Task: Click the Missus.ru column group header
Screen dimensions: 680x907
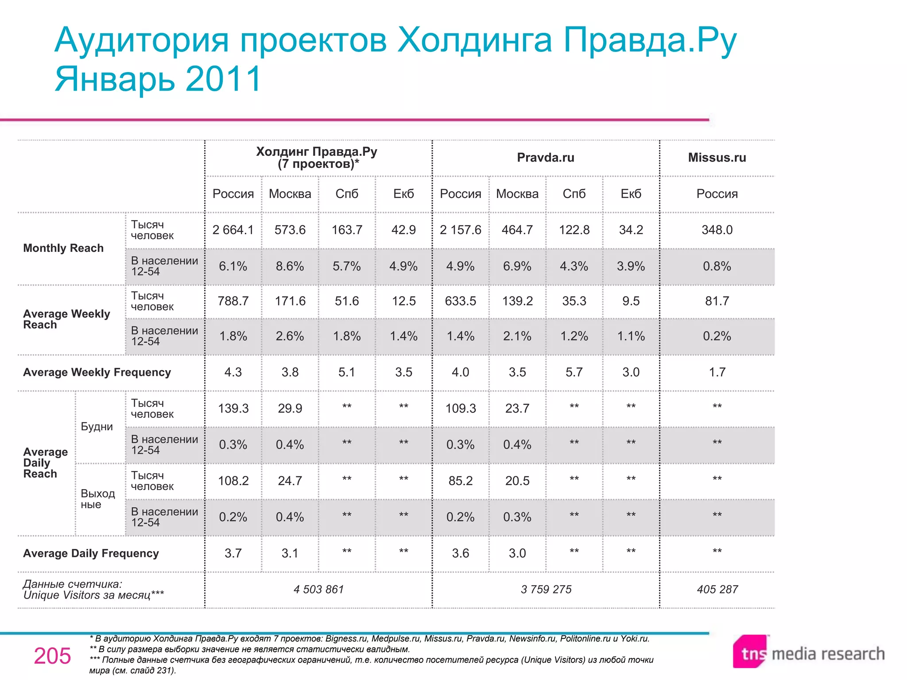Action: pos(717,158)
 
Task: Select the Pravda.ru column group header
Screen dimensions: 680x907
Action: pos(545,158)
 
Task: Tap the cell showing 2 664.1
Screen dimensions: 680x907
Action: pos(233,230)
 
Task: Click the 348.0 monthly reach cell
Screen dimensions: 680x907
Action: pos(717,230)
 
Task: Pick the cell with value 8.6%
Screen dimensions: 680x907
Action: pos(290,266)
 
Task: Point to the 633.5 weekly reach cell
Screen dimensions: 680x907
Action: pos(460,301)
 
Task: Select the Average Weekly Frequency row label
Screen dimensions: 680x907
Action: pos(97,372)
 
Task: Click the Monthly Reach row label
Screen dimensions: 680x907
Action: pos(63,248)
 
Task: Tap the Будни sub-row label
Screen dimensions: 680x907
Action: pos(97,427)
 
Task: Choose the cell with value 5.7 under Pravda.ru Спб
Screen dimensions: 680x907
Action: pos(574,372)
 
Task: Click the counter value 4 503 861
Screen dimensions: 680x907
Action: pos(318,589)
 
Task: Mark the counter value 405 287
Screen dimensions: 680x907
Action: pos(717,589)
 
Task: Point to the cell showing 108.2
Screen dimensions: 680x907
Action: pos(233,481)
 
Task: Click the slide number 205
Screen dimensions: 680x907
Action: pos(52,656)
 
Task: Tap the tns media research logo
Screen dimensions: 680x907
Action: pos(809,653)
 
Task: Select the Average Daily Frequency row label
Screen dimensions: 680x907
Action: pos(91,553)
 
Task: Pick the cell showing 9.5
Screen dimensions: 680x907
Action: pos(631,301)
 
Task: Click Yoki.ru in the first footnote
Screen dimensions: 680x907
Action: pos(634,638)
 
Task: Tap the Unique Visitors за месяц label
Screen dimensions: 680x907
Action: pos(93,595)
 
